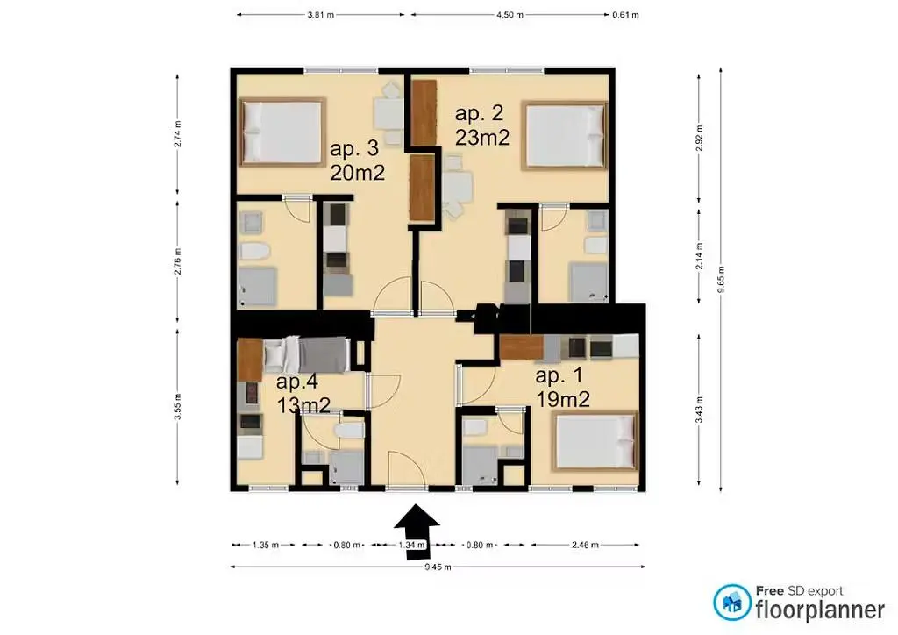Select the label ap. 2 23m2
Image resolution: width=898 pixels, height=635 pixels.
(x=481, y=125)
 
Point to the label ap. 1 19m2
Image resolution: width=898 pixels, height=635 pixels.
(x=561, y=388)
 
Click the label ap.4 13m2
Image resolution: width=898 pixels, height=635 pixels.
(x=303, y=394)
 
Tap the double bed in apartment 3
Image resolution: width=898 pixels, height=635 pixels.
(x=281, y=132)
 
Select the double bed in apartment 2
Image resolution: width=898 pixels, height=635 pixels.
(x=564, y=136)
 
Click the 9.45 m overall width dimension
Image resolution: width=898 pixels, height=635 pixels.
(x=436, y=567)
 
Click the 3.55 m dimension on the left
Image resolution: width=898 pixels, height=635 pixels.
(x=178, y=407)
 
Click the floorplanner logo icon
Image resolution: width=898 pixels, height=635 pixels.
(x=731, y=603)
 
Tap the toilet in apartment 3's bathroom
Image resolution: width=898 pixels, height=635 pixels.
(x=253, y=253)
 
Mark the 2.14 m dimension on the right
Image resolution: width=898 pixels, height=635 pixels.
(x=698, y=254)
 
